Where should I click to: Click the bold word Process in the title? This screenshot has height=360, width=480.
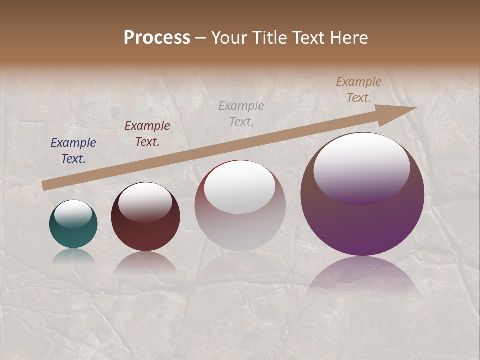tap(157, 38)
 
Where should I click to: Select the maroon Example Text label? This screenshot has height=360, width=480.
tap(147, 134)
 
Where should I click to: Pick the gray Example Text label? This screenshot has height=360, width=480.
tap(241, 113)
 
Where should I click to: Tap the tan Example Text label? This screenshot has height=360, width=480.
tap(359, 90)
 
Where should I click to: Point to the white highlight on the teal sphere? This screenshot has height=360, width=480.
tap(73, 214)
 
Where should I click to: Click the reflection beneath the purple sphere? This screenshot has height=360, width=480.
tap(362, 275)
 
